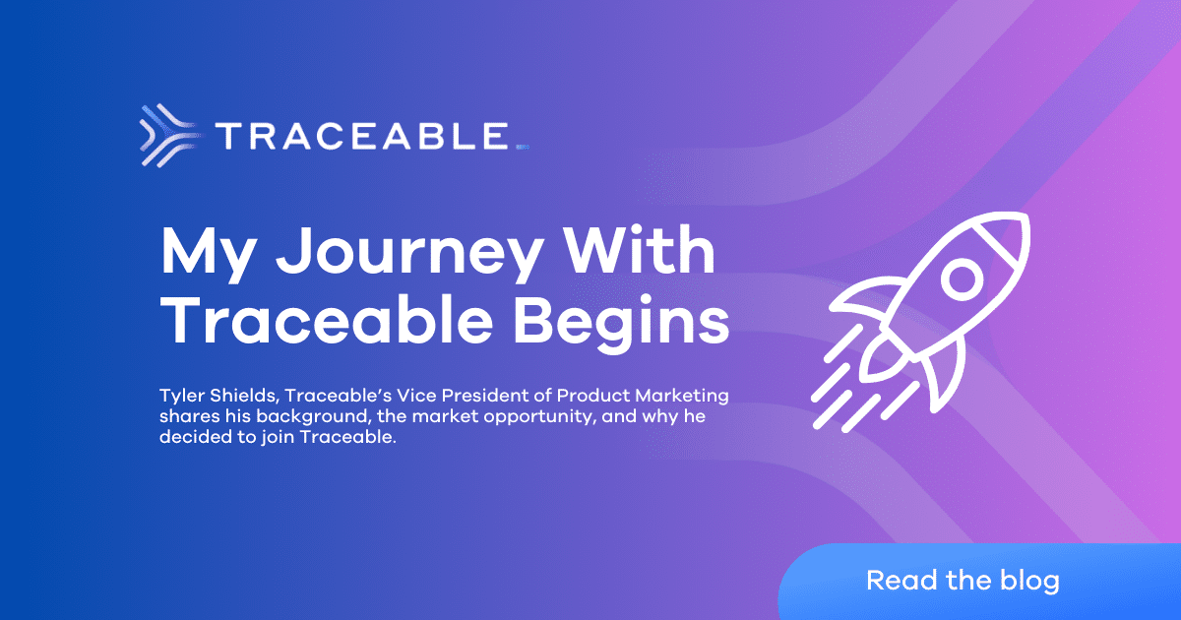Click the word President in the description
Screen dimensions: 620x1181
coord(474,396)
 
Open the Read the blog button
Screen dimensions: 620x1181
coord(963,580)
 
